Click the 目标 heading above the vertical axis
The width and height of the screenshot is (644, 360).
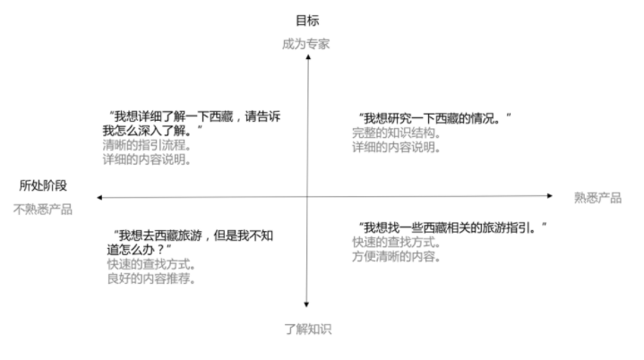[307, 21]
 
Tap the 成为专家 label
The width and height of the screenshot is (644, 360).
[306, 44]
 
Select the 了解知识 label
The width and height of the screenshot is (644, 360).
[308, 330]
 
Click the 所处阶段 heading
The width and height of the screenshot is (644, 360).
[43, 185]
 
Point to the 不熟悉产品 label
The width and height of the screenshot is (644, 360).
[43, 210]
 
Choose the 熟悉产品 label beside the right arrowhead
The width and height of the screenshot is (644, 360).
[597, 198]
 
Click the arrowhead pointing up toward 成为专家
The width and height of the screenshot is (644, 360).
[308, 57]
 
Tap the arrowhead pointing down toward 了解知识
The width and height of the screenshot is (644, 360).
[306, 304]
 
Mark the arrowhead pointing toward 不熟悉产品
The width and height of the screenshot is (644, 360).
[99, 197]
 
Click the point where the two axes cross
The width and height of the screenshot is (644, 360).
[307, 197]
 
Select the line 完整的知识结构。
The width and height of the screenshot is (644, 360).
[396, 133]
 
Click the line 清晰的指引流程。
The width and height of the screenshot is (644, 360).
[147, 145]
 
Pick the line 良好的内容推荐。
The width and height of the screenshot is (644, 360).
[151, 279]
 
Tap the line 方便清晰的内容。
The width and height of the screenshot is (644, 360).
[396, 256]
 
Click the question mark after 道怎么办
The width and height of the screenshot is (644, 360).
[160, 250]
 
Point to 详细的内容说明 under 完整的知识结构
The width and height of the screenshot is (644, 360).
[396, 147]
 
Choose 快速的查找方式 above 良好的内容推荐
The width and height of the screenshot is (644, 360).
[151, 264]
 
